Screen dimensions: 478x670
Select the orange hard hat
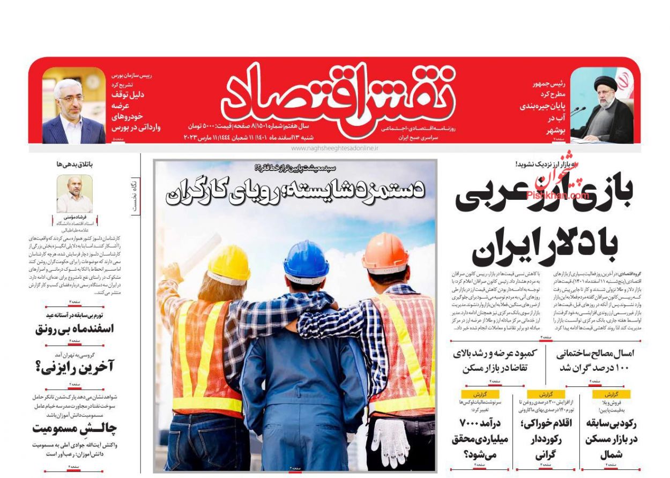pos(385,253)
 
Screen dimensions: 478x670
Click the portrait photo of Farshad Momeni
pos(75,194)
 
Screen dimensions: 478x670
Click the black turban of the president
pos(605,83)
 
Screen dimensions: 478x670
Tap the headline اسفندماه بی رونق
pos(75,328)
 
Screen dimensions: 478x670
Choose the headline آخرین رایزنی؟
pos(75,367)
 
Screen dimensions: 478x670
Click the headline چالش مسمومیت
pos(75,428)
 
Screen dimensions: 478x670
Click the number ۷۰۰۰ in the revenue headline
pos(473,423)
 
